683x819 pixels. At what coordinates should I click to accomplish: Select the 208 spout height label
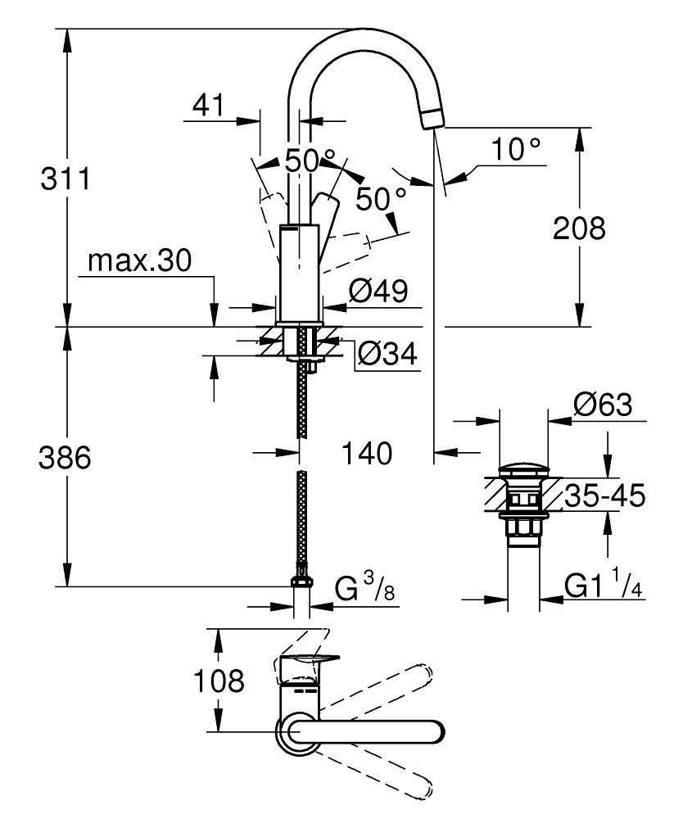579,229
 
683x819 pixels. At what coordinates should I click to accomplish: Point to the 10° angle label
517,150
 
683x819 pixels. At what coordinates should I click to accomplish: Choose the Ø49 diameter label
378,291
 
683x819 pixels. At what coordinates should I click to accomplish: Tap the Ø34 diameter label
387,355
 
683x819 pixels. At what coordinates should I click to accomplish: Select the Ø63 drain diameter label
603,405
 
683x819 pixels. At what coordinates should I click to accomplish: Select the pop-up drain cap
523,471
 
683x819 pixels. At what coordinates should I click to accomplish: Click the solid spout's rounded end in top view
434,731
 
